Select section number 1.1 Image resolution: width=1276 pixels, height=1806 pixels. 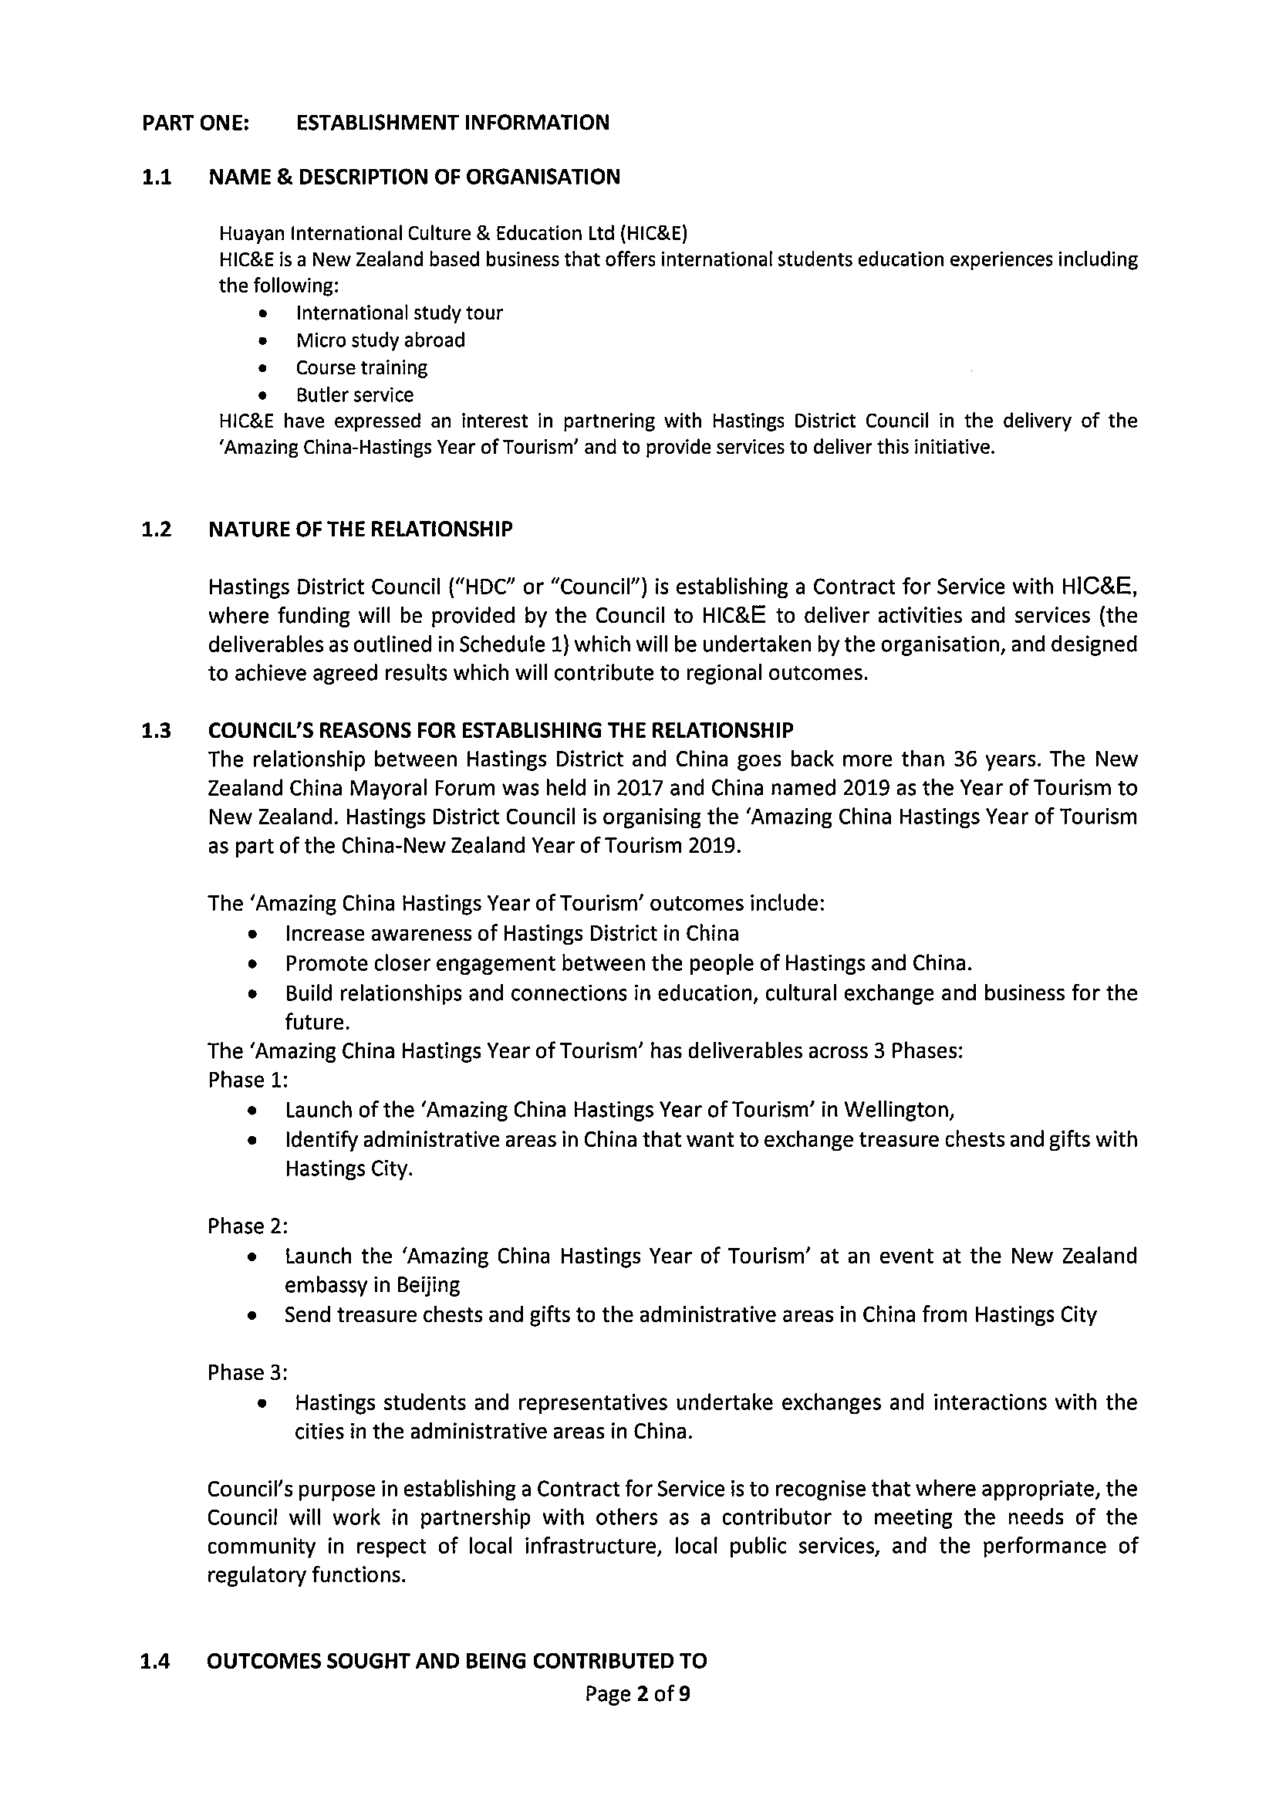[x=157, y=177]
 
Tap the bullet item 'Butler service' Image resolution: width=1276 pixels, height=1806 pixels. [x=354, y=394]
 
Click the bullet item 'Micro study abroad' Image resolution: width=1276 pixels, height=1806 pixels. [x=380, y=340]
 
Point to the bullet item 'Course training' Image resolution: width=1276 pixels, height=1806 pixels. [x=361, y=367]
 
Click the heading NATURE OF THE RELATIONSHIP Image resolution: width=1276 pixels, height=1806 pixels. [x=360, y=529]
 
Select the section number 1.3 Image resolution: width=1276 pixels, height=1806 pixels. [x=157, y=731]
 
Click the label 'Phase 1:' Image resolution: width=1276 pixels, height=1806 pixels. [x=248, y=1080]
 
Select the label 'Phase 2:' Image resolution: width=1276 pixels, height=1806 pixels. [x=248, y=1226]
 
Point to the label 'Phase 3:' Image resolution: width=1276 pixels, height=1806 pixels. [x=248, y=1372]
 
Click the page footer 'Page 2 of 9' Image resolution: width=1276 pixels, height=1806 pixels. [x=637, y=1693]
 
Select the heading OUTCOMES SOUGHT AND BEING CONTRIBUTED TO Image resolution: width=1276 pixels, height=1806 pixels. [x=457, y=1661]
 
